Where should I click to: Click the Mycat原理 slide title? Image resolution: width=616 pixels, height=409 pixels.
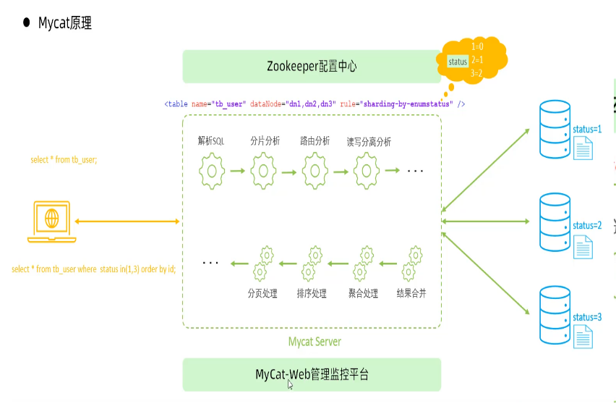click(x=64, y=23)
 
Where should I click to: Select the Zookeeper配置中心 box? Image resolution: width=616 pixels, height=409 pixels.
click(x=312, y=67)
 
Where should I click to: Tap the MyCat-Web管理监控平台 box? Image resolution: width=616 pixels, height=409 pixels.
click(x=312, y=374)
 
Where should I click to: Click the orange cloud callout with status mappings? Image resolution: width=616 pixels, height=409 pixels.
click(x=474, y=60)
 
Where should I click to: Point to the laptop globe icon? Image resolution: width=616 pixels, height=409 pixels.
click(x=51, y=218)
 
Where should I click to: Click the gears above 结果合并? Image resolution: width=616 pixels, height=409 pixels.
click(x=411, y=263)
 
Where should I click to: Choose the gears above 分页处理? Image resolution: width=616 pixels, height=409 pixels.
click(x=262, y=263)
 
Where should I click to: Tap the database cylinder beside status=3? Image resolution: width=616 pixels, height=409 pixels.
click(x=555, y=316)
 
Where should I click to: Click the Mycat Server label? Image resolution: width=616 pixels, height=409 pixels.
click(x=315, y=341)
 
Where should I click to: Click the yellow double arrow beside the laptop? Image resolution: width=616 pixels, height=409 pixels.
click(x=127, y=221)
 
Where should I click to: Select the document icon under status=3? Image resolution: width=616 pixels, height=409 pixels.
click(x=583, y=336)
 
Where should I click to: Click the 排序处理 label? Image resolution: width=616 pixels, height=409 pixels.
click(x=312, y=294)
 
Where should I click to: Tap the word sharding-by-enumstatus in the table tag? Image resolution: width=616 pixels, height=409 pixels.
click(x=406, y=104)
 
